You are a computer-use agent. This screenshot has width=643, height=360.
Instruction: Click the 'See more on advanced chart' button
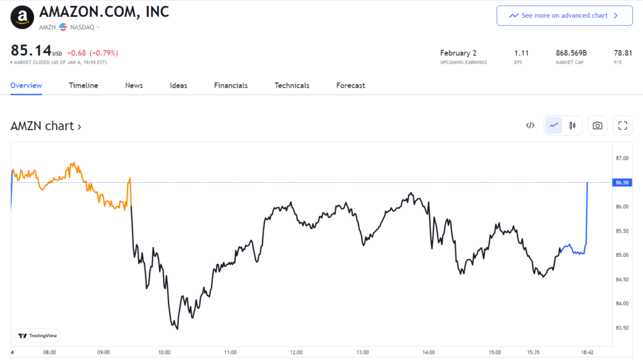(x=564, y=16)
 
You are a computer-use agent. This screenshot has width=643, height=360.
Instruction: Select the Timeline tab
(x=84, y=85)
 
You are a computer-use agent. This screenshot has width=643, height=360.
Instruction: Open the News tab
(x=134, y=85)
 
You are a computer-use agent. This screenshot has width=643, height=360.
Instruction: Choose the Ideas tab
(x=178, y=85)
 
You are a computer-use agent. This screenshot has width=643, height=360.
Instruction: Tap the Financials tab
(x=230, y=85)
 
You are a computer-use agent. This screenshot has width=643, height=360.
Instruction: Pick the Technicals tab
(x=292, y=85)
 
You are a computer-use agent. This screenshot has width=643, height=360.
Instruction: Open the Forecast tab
(x=350, y=85)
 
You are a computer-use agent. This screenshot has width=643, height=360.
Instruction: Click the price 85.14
(x=30, y=51)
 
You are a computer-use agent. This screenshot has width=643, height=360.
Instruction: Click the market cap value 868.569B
(x=572, y=53)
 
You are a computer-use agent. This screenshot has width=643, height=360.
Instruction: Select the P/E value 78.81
(x=623, y=53)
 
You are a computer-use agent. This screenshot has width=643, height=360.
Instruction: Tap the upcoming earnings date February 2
(x=459, y=53)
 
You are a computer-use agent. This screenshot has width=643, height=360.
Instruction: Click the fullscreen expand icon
(x=623, y=126)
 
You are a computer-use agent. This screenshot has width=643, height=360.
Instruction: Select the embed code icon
(x=530, y=126)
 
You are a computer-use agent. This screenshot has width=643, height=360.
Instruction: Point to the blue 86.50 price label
(x=622, y=182)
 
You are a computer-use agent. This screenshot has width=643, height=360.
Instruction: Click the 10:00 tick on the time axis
(x=165, y=352)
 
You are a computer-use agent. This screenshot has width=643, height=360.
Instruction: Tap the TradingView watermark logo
(x=38, y=336)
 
